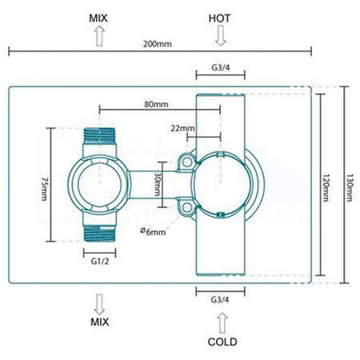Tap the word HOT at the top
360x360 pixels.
[220, 16]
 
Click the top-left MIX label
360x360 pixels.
[100, 16]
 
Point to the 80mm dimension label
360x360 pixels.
[157, 103]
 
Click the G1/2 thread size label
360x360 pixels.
[99, 261]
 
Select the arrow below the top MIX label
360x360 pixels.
[100, 34]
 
